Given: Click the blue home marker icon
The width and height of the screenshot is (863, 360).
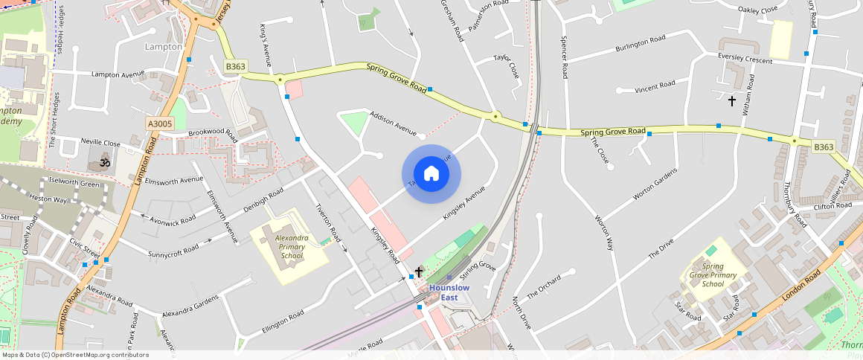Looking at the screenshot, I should coord(431,175).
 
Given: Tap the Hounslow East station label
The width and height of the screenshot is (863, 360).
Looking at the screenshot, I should coord(449,292).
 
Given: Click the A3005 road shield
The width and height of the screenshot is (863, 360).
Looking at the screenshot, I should coord(159,124).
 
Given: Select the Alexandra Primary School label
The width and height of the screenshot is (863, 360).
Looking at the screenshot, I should coord(289,247).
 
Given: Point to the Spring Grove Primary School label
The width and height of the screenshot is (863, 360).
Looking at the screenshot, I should coord(713,274).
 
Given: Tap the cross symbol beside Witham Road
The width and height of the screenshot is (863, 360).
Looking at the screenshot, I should coord(732,101).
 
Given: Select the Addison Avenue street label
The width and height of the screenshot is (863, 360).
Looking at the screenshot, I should coord(394,123).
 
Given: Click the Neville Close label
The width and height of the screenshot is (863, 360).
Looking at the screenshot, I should coord(100,142).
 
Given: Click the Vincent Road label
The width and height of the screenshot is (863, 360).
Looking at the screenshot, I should coord(655,87).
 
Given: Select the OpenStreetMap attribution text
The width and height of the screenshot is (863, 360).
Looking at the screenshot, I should coord(76,355).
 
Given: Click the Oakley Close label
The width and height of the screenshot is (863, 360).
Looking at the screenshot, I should coord(757,9).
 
